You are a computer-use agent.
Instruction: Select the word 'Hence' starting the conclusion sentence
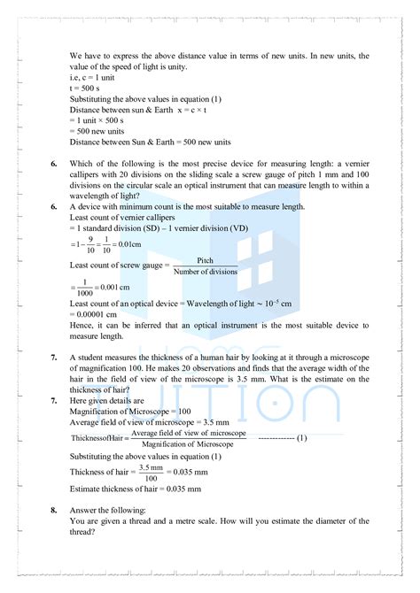pyautogui.click(x=82, y=326)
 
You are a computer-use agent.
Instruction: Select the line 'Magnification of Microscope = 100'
pyautogui.click(x=130, y=411)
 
